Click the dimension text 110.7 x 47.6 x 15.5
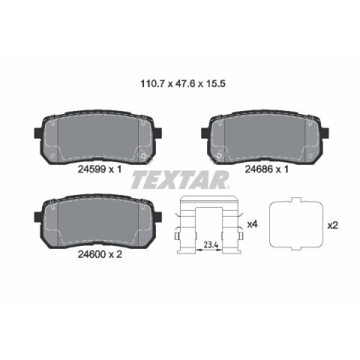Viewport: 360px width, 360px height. point(183,83)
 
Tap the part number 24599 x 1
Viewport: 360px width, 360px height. point(100,169)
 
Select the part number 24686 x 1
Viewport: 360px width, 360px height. point(267,169)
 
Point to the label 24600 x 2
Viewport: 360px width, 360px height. point(100,254)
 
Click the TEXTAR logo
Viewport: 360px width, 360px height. point(181,180)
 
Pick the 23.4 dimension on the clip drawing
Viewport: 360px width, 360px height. point(211,245)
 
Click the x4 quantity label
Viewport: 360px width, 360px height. point(252,224)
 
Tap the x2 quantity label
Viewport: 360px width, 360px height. point(333,226)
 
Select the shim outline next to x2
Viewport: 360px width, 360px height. point(270,225)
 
